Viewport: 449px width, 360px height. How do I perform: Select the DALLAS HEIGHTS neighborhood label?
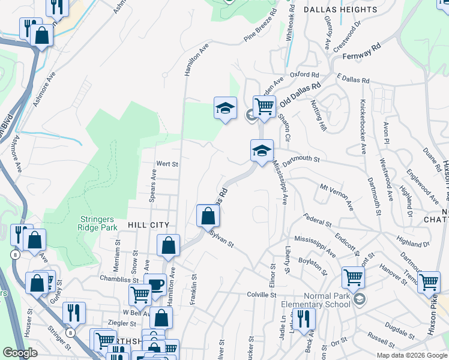tap(340, 10)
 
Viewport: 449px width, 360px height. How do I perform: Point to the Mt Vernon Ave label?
tap(337, 196)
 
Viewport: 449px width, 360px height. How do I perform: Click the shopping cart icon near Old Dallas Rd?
tap(264, 107)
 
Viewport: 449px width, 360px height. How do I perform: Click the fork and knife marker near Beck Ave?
tap(305, 319)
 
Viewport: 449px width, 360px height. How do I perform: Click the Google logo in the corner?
tap(20, 353)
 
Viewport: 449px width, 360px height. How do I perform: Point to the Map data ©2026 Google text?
tap(412, 355)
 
